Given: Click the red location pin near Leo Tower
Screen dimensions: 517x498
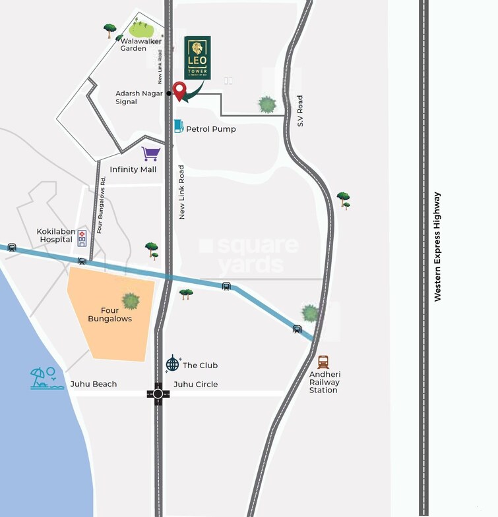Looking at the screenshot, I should [x=179, y=90].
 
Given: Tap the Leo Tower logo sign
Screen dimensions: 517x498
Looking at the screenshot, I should [x=198, y=58].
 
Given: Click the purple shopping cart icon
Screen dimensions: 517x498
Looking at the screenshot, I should [x=151, y=154].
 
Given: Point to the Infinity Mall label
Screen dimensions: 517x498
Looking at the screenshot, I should [x=133, y=169].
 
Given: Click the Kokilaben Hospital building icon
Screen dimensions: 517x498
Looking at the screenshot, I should [x=82, y=238].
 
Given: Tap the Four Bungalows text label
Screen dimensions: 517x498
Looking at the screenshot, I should [x=110, y=315].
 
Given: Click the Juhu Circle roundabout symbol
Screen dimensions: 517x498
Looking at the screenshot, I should [x=158, y=394].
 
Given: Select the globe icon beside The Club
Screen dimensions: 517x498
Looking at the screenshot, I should [x=172, y=364].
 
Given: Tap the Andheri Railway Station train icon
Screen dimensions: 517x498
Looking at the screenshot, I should [x=323, y=362].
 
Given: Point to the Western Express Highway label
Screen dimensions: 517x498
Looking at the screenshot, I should [x=437, y=247].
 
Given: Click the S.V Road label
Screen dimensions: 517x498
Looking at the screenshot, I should [x=299, y=111].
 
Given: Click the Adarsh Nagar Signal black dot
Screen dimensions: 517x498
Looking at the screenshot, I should [x=169, y=94].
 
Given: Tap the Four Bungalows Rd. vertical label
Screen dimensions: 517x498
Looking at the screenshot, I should [x=100, y=205].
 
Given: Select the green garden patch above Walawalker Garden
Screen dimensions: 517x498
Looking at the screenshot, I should [x=141, y=29].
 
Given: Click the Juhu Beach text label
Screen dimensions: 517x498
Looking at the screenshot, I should [x=94, y=384].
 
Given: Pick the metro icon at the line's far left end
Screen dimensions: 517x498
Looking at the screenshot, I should [x=12, y=248].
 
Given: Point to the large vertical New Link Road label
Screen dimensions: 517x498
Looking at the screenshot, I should [x=181, y=192].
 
